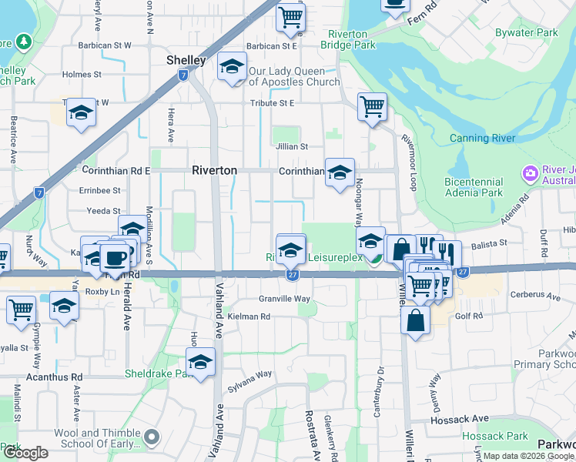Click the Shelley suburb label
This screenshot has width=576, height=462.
pos(186,60)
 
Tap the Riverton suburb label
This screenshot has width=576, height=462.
pos(214,170)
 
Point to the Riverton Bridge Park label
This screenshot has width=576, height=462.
pos(352,40)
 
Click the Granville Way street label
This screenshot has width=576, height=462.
pos(284,299)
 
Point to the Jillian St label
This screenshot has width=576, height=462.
pos(293,146)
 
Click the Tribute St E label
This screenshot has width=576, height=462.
pos(272,103)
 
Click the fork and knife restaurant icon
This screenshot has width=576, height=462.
pos(446,253)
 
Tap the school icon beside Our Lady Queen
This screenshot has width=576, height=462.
pos(231,67)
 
